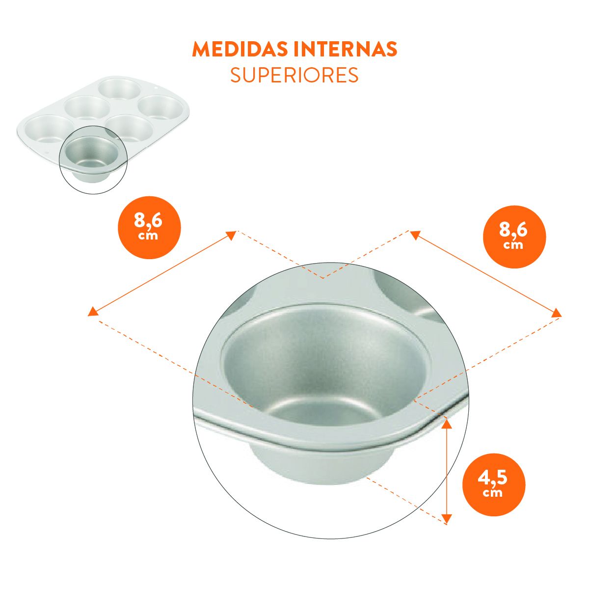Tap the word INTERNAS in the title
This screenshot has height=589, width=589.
[345, 49]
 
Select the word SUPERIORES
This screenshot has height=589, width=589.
[294, 75]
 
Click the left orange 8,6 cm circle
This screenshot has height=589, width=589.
[149, 227]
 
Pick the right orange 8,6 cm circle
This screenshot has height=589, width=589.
[514, 237]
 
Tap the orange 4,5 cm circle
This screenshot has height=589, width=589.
[494, 485]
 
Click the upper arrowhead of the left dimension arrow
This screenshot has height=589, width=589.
[231, 235]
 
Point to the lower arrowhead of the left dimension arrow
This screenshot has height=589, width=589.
[93, 311]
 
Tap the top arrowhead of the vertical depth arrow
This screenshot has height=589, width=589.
[447, 424]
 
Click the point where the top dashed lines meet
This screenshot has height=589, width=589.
[323, 278]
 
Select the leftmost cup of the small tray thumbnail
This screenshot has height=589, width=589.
[49, 129]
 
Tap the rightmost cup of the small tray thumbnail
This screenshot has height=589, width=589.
[161, 107]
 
